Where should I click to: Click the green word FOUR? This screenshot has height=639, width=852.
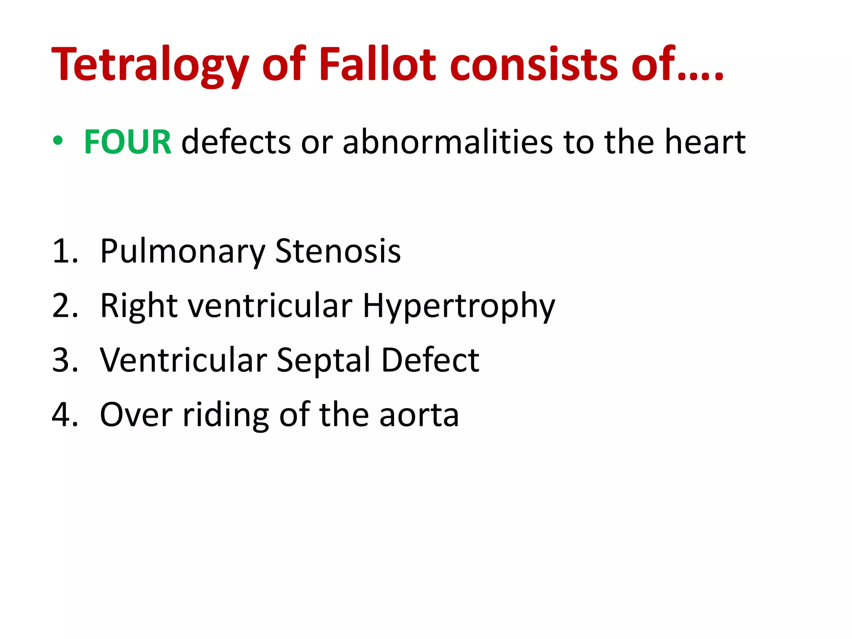click(127, 142)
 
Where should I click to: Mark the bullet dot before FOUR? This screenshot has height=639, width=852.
click(58, 141)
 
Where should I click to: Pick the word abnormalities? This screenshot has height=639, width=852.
click(448, 142)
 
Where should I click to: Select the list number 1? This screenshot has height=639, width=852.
click(65, 251)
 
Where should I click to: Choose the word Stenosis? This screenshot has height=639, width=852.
click(338, 251)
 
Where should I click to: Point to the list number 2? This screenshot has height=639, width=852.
click(65, 306)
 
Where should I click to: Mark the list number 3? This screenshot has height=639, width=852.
click(65, 360)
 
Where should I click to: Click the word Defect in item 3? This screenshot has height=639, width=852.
click(430, 360)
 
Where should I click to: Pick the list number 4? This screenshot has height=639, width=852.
click(65, 415)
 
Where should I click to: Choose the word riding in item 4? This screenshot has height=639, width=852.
click(225, 415)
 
